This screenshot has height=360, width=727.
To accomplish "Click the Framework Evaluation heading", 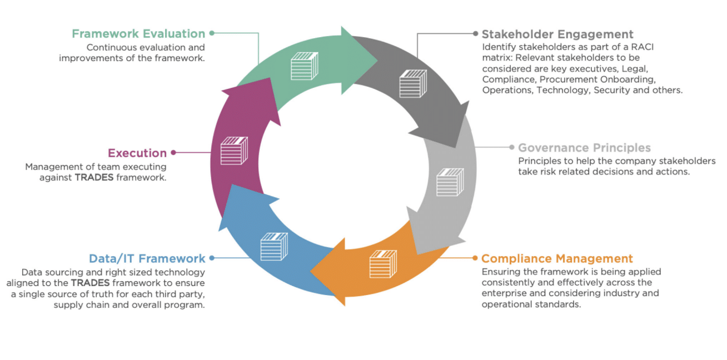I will point(138,34).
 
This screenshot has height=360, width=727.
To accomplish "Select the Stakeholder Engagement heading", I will point(557,34).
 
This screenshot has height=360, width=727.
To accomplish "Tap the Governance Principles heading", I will point(584,148).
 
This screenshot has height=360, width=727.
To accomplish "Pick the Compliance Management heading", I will point(557,258).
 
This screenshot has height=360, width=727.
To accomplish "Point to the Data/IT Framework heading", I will point(147,258).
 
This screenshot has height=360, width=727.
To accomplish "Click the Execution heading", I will point(137,153).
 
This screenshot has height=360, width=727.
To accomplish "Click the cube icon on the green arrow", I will point(304,66).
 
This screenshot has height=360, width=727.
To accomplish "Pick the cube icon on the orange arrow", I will point(383,264).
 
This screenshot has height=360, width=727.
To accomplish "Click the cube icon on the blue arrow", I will point(274,247).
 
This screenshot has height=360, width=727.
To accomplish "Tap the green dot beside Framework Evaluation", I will point(212,33).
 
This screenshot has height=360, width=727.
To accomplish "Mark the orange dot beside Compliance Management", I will point(475,258).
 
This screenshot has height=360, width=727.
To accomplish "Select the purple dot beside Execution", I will point(173,152).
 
